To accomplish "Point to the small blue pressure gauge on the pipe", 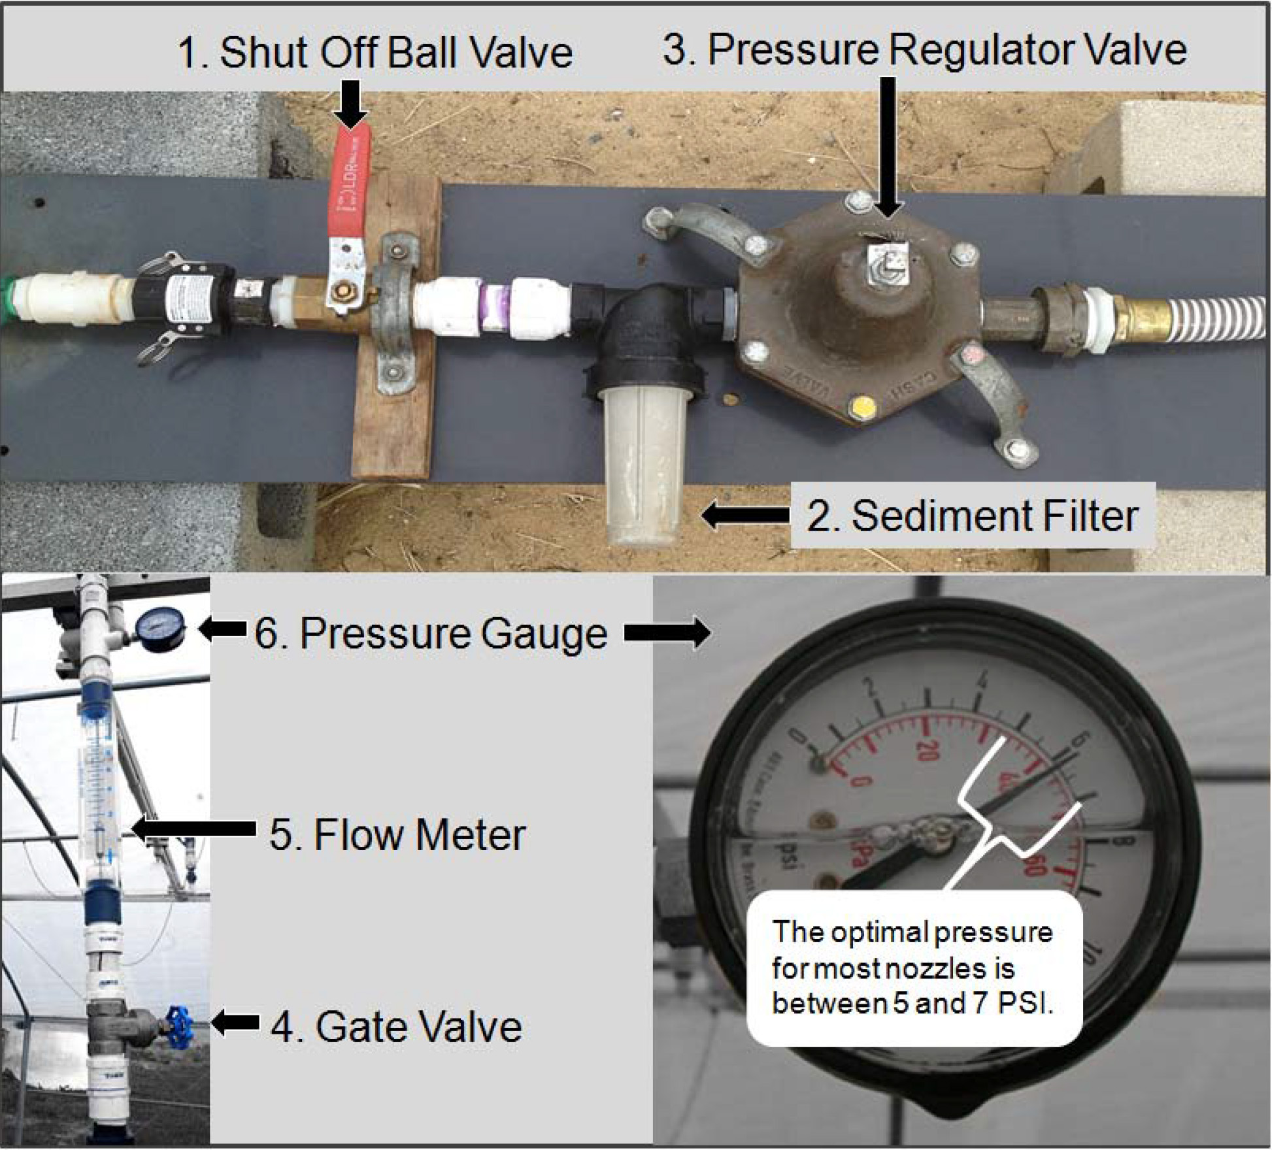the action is [159, 631].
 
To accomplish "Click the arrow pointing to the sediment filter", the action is [745, 515].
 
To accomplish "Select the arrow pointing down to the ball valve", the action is [351, 105].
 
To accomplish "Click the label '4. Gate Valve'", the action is [396, 1026].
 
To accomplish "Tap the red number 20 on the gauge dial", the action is [926, 751].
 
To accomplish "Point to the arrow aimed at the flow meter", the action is [193, 829].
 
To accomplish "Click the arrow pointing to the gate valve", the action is [235, 1023].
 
